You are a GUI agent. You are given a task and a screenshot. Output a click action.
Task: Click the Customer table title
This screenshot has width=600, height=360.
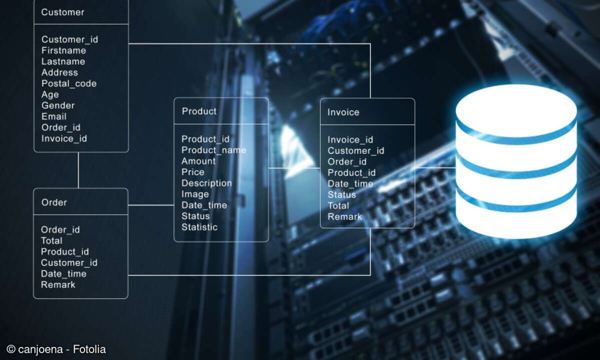[x=63, y=12]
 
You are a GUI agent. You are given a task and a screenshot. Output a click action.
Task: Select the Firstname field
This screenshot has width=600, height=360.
[x=64, y=50]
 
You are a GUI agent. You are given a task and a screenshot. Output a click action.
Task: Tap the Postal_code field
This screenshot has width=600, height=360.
[x=69, y=83]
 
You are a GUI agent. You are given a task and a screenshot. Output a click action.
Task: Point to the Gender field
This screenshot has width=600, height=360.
[x=58, y=105]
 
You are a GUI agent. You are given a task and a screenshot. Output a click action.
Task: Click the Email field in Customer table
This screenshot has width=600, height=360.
[x=54, y=116]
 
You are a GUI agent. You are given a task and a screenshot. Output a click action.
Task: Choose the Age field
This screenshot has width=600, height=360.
[x=50, y=95]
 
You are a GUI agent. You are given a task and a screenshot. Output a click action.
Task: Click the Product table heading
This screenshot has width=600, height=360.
[x=199, y=111]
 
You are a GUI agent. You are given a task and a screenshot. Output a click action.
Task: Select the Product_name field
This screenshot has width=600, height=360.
[x=214, y=150]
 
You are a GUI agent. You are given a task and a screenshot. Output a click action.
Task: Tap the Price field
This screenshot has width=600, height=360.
[x=193, y=172]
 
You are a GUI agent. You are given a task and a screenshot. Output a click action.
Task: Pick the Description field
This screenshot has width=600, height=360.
[x=207, y=183]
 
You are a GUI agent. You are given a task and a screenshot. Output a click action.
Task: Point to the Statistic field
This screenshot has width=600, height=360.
[x=199, y=227]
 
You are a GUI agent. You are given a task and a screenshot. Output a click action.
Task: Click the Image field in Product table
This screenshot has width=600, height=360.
[x=195, y=194]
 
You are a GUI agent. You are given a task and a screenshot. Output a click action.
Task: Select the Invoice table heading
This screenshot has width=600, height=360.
[x=343, y=112]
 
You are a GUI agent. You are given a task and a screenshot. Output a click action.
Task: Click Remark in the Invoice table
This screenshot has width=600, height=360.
[x=345, y=216]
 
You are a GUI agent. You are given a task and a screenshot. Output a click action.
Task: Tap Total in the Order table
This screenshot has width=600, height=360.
[x=52, y=241]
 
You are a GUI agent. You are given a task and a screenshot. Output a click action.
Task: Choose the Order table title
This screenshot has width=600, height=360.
[x=54, y=202]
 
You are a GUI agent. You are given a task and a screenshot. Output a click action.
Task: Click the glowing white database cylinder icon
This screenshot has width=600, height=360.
[x=516, y=161]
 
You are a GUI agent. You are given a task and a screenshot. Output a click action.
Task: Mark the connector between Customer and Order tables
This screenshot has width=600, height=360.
[x=79, y=170]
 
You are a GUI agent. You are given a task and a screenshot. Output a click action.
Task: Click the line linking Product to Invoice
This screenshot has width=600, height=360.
[x=294, y=168]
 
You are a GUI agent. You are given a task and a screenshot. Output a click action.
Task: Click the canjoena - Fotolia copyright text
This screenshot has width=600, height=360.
[x=56, y=349]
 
